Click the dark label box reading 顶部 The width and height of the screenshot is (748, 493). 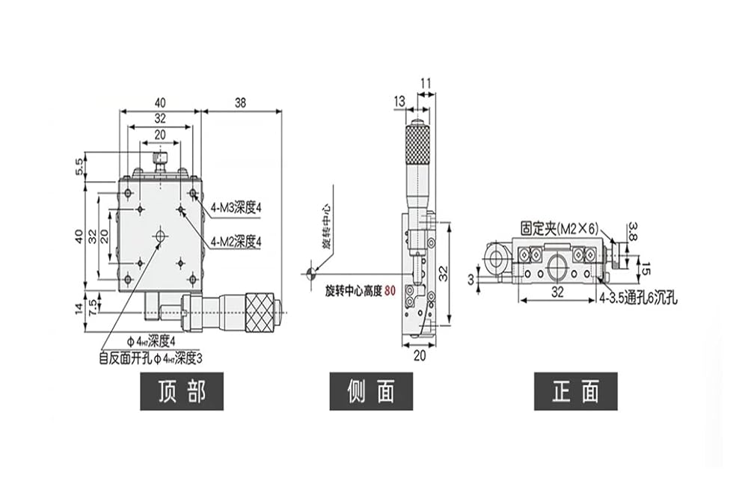pos(182,391)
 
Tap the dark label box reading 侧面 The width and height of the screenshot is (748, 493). pos(371,391)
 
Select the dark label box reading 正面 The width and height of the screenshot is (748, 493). pos(576,391)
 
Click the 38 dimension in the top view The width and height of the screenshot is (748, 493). pos(240,102)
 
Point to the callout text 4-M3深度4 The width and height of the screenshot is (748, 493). pos(236,208)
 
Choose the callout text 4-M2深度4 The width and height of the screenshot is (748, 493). pos(236,242)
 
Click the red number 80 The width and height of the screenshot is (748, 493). pos(390,290)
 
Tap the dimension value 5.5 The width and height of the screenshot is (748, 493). pos(79,167)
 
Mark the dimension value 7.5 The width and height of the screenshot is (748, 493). pos(93,304)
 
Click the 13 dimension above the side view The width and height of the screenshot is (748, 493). pos(399,101)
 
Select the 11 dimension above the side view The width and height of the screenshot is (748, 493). pos(426,84)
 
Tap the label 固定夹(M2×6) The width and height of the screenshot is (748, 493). pos(559,229)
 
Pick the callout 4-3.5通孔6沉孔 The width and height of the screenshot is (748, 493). pos(638,298)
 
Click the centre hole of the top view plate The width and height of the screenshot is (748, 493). pos(160,236)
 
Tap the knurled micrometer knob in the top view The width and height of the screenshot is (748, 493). pos(260,312)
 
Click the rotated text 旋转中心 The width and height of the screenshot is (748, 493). pos(326,227)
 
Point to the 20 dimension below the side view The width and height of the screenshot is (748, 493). pos(420,355)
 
